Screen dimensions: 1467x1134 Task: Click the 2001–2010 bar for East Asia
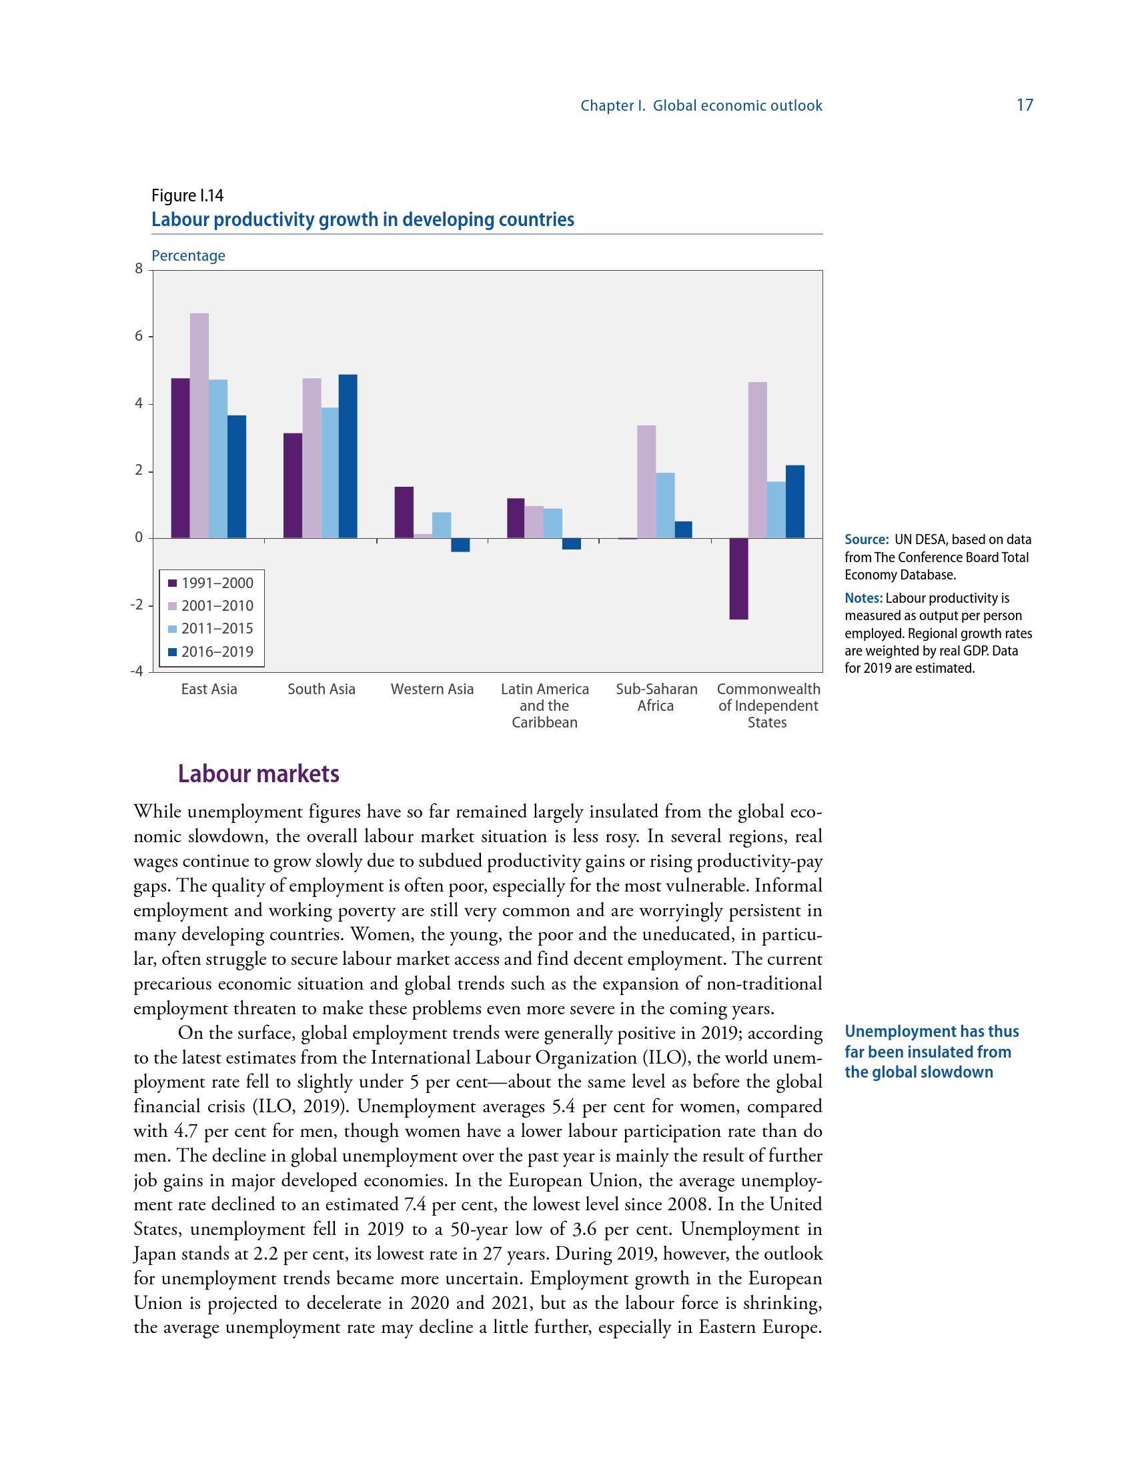199,425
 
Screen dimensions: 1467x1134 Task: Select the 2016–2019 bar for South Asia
348,456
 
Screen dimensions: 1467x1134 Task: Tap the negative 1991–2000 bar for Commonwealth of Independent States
739,578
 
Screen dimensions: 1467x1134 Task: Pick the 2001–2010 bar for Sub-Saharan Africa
646,481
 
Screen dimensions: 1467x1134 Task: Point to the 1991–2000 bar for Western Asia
404,512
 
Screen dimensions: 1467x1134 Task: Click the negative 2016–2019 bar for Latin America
572,544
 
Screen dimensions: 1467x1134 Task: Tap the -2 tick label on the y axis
137,605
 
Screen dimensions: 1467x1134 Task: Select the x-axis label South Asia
321,689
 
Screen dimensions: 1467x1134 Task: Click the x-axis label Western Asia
432,689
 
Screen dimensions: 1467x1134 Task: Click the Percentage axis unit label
188,256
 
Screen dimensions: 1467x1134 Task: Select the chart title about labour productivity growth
363,219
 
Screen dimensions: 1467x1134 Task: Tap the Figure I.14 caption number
187,195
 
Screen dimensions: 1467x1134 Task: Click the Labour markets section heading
259,774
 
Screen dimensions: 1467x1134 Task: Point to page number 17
1025,105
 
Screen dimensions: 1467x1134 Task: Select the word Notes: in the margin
864,599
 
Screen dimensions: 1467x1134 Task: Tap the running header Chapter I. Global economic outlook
701,105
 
